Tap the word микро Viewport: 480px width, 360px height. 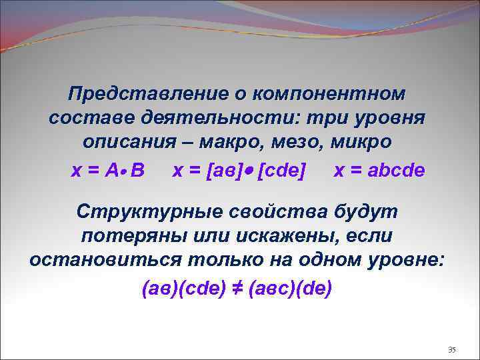[361, 143]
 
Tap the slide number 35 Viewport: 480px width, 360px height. [451, 350]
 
